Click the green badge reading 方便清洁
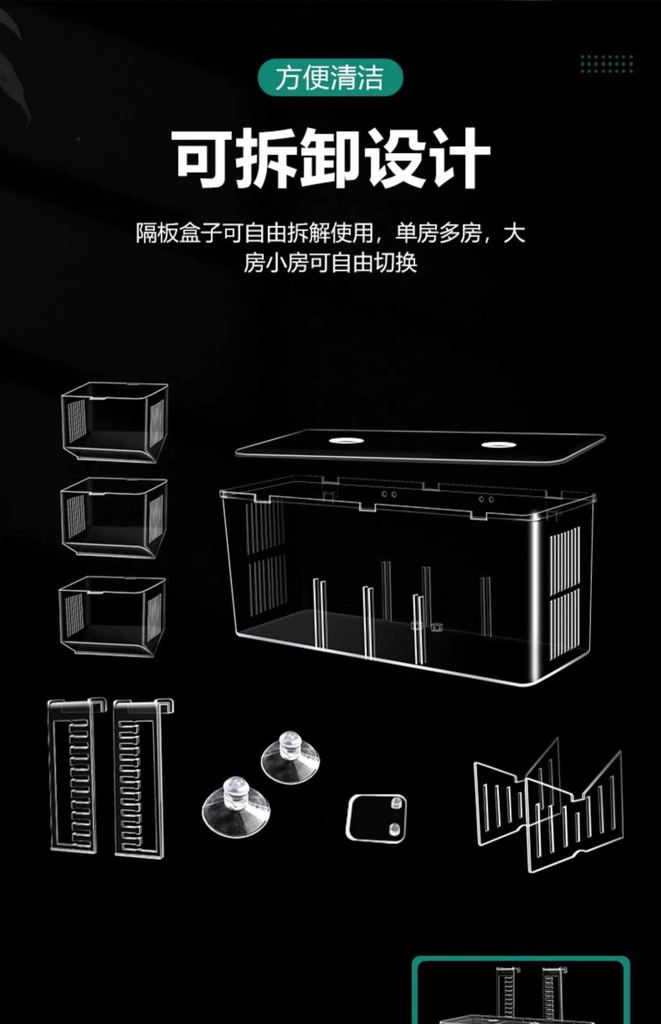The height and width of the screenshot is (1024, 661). [330, 78]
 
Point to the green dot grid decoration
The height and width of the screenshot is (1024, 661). [607, 64]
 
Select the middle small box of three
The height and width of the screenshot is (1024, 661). [114, 517]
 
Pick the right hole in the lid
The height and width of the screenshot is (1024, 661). [498, 445]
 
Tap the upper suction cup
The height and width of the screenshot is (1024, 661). [291, 757]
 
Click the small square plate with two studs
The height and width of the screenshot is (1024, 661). [376, 818]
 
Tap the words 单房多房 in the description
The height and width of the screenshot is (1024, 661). [438, 234]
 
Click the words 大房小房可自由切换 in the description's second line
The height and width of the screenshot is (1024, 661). [330, 263]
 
